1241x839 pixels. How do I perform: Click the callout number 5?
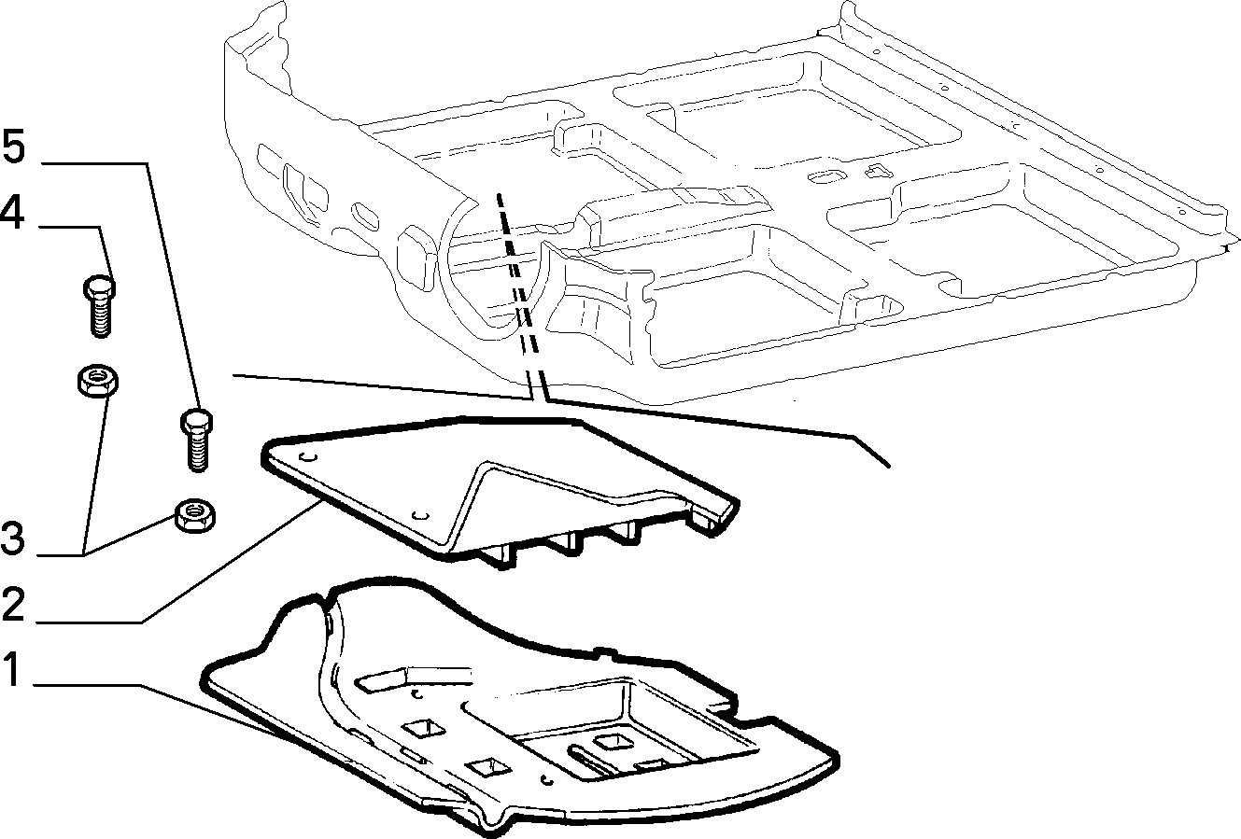pyautogui.click(x=14, y=147)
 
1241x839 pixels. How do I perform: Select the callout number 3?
pyautogui.click(x=13, y=538)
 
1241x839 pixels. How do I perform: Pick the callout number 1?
pyautogui.click(x=12, y=668)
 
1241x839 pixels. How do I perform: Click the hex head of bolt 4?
pyautogui.click(x=100, y=287)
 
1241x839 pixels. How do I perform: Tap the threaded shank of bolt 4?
pyautogui.click(x=101, y=316)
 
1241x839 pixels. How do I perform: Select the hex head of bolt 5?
pyautogui.click(x=197, y=423)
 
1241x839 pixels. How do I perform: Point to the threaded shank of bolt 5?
pyautogui.click(x=198, y=453)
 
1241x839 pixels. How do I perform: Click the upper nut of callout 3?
pyautogui.click(x=97, y=380)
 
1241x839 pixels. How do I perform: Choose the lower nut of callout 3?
pyautogui.click(x=195, y=515)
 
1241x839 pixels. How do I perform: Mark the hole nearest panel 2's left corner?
pyautogui.click(x=308, y=457)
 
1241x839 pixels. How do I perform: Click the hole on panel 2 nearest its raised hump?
pyautogui.click(x=421, y=515)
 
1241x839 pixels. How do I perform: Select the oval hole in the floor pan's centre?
pyautogui.click(x=826, y=176)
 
